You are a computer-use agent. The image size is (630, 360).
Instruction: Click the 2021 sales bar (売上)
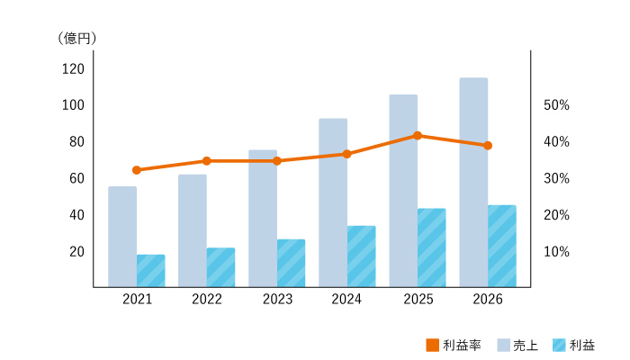[x=122, y=237]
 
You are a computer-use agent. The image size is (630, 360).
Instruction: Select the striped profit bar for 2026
[x=502, y=246]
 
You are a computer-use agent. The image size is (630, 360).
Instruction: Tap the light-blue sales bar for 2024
[x=333, y=202]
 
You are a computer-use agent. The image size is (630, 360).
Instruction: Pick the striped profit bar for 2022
[x=221, y=267]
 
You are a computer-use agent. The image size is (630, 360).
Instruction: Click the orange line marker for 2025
[x=418, y=136]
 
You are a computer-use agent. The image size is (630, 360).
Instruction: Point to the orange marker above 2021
[x=137, y=170]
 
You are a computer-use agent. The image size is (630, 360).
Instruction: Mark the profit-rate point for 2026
[x=488, y=146]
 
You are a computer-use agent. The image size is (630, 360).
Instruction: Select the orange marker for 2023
[x=277, y=161]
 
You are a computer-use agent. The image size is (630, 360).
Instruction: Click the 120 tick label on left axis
[x=73, y=69]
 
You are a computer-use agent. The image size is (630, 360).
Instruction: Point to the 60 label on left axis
[x=76, y=178]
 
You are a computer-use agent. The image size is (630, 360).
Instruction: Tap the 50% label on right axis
[x=556, y=105]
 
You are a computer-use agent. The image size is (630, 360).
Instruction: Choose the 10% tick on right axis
[x=556, y=252]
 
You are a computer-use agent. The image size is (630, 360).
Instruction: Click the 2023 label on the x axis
[x=277, y=300]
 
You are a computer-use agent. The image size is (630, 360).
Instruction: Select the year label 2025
[x=418, y=300]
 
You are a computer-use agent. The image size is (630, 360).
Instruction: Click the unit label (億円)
[x=77, y=38]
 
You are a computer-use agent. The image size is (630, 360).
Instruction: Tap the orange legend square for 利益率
[x=432, y=345]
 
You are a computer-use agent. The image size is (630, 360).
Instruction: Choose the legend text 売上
[x=526, y=345]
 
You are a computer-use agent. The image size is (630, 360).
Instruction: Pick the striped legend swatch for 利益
[x=559, y=345]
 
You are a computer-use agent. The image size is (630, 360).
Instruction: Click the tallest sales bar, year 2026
[x=473, y=183]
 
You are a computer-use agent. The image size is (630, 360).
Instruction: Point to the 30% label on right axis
[x=556, y=178]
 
